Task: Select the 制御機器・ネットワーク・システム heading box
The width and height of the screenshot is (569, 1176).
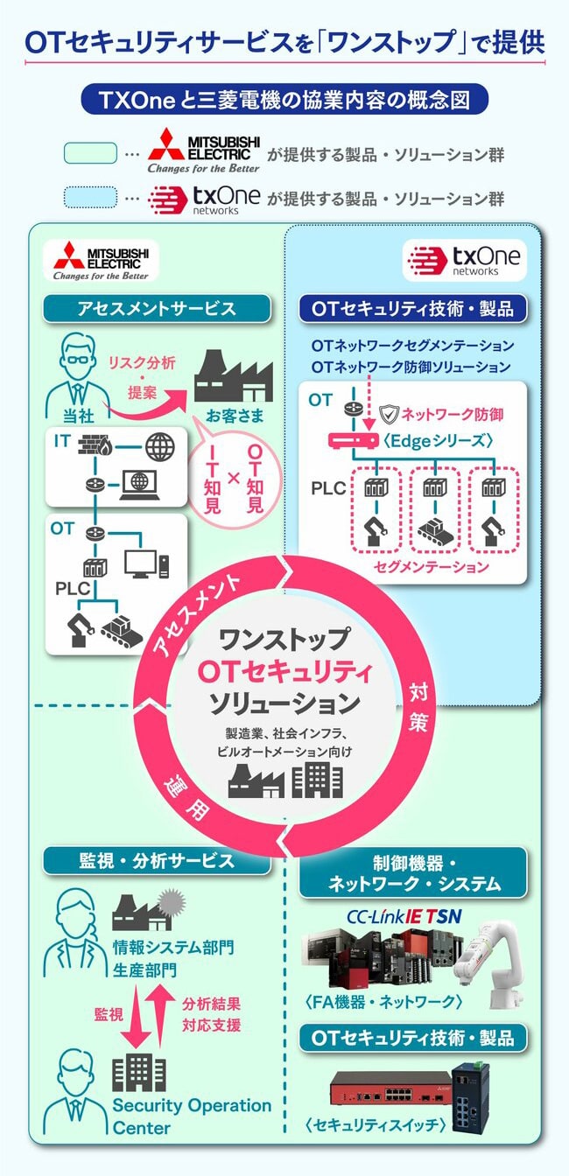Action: pos(413,872)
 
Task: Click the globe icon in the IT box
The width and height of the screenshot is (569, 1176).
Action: pos(160,447)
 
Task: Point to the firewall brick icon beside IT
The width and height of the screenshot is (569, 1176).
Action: pos(91,447)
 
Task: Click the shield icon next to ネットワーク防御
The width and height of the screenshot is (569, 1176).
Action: pos(390,412)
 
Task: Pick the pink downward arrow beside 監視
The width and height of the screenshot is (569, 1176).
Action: pos(134,1016)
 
